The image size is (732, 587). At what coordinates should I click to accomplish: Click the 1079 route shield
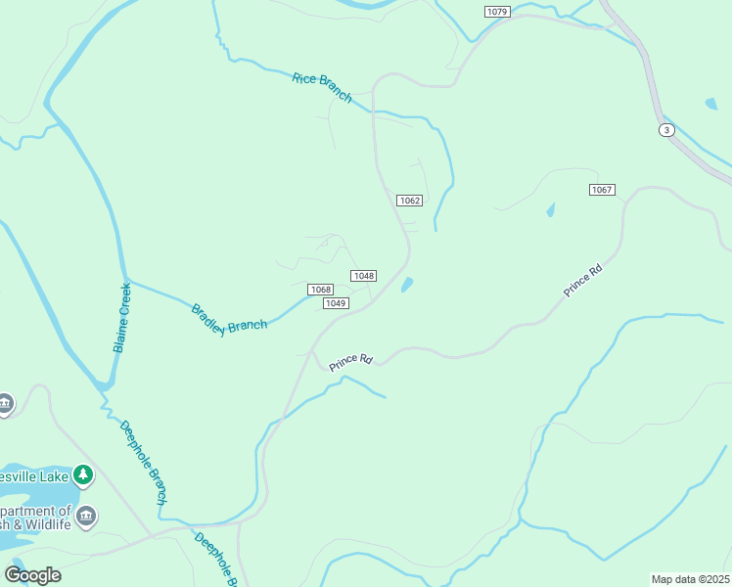point(497,11)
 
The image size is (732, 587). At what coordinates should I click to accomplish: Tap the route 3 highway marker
point(666,130)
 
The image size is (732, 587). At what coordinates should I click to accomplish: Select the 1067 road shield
point(602,189)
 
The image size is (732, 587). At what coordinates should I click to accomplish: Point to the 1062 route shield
point(409,201)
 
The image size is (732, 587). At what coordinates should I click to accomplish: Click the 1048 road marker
point(364,276)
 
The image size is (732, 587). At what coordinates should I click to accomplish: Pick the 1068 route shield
point(320,290)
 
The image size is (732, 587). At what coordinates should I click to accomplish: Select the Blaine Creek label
point(122,318)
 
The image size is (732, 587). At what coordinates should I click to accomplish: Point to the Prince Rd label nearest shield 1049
point(351,362)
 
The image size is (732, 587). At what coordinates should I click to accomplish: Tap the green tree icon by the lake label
point(84,475)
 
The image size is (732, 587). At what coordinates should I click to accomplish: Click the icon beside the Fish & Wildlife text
point(86,516)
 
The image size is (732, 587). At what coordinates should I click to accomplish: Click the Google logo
point(32,574)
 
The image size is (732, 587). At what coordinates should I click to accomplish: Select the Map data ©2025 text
point(691,579)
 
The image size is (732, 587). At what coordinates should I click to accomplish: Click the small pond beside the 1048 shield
point(406,285)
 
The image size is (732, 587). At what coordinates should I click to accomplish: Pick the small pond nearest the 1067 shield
point(550,209)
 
